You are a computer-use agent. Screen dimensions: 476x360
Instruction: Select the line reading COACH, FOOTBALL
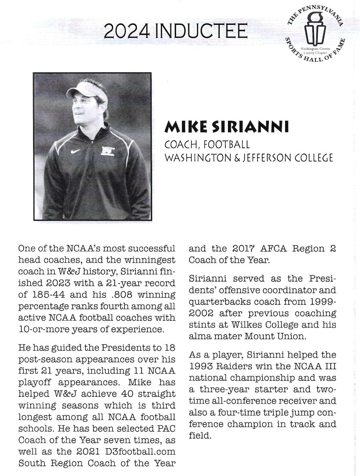(207, 143)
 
